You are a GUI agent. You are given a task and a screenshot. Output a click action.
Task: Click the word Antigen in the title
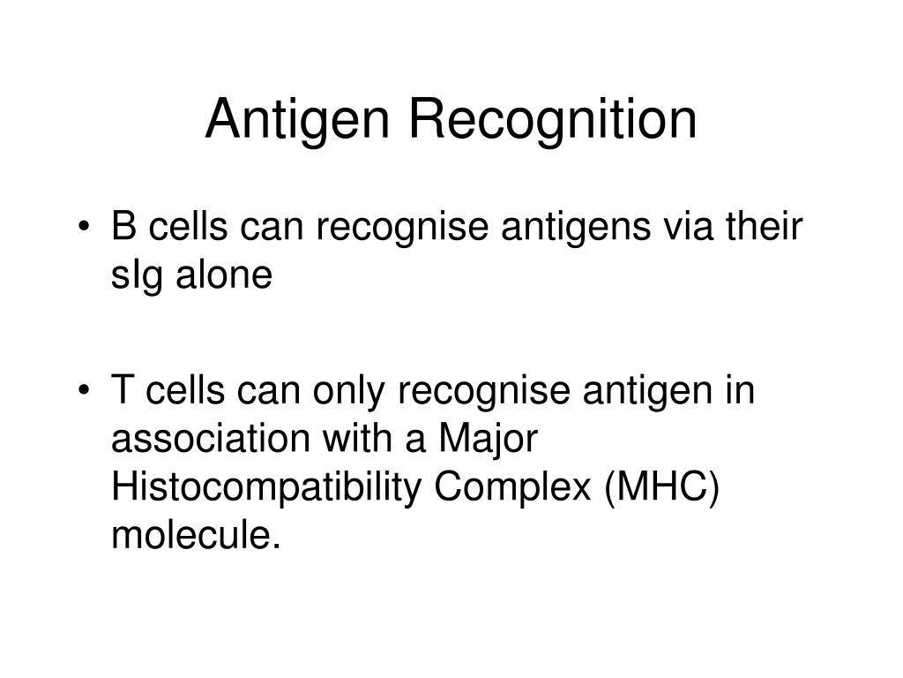(298, 121)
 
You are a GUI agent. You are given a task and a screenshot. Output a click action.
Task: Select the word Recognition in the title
(551, 121)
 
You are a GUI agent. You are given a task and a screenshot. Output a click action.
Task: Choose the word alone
(228, 275)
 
